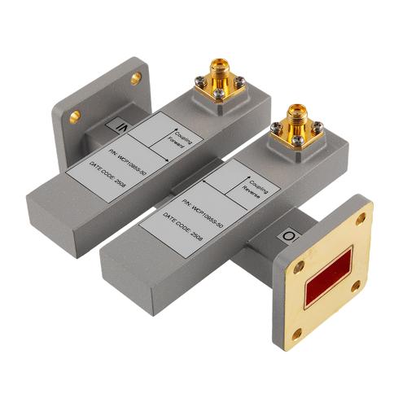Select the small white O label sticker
(288, 237)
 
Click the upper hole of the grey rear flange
(135, 78)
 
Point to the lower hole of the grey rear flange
(74, 116)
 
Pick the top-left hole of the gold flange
(298, 266)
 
